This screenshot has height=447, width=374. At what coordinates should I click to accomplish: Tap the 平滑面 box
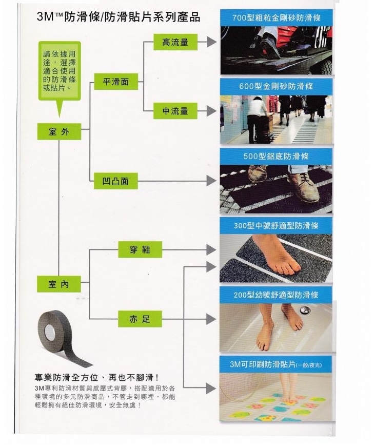tap(116, 82)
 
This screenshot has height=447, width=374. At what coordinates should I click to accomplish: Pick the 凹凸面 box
tap(116, 181)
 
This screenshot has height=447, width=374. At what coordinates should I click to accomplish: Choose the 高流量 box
tap(175, 43)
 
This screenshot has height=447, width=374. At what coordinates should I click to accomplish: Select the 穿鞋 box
tap(141, 250)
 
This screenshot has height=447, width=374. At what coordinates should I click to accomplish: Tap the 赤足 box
tap(141, 319)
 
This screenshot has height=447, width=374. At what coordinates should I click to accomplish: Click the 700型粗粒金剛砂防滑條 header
tap(276, 18)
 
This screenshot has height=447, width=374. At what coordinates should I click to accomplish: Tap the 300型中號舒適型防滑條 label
tap(276, 226)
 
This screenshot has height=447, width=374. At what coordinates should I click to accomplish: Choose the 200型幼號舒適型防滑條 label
tap(276, 295)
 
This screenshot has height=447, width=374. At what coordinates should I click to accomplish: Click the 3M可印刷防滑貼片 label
tap(276, 364)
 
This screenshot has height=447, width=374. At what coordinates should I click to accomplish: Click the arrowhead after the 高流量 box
tap(211, 43)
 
